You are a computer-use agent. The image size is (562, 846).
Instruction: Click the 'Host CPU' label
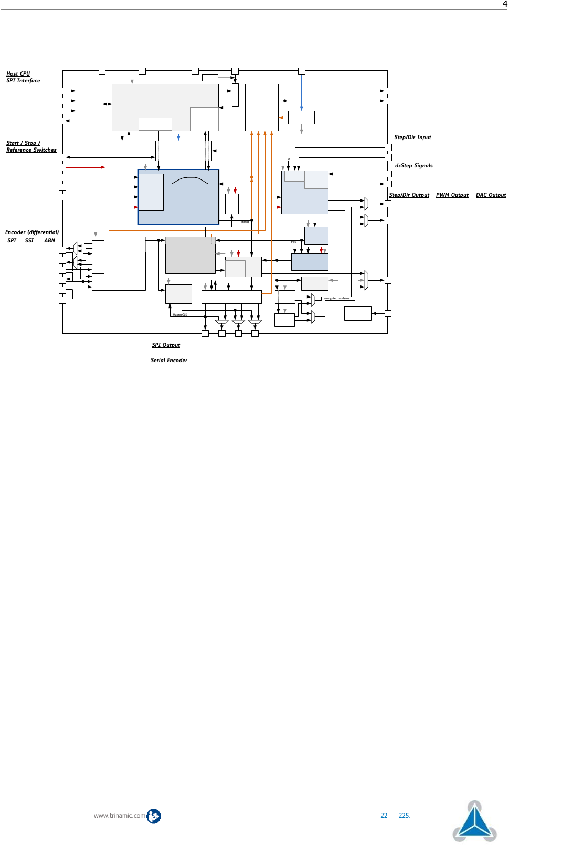(18, 74)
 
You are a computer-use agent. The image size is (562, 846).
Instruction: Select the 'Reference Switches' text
(31, 150)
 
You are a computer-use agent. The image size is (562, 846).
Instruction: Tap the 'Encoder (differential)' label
(32, 232)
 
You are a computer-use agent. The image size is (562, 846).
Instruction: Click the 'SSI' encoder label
(29, 241)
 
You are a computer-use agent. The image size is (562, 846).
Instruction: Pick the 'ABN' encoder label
(49, 241)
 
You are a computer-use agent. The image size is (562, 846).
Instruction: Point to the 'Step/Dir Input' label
(412, 138)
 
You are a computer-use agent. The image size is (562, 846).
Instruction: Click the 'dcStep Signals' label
(413, 166)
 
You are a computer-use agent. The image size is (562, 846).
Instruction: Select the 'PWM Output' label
(452, 195)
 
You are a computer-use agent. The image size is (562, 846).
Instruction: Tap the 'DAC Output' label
(491, 195)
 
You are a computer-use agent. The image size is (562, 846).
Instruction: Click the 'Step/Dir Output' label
(409, 195)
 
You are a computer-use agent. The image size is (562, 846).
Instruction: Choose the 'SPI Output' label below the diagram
(166, 345)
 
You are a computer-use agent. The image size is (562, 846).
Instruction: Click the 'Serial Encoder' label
(168, 361)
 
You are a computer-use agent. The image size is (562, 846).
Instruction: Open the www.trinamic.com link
(120, 816)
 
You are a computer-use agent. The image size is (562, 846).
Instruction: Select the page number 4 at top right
(505, 4)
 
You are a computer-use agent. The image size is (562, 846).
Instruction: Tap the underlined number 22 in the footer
(384, 816)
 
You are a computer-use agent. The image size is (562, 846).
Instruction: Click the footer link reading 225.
(404, 816)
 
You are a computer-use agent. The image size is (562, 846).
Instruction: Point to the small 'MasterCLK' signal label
(179, 315)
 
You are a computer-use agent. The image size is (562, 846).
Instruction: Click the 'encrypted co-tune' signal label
(336, 298)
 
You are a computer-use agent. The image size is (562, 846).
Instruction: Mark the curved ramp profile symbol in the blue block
(190, 181)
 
